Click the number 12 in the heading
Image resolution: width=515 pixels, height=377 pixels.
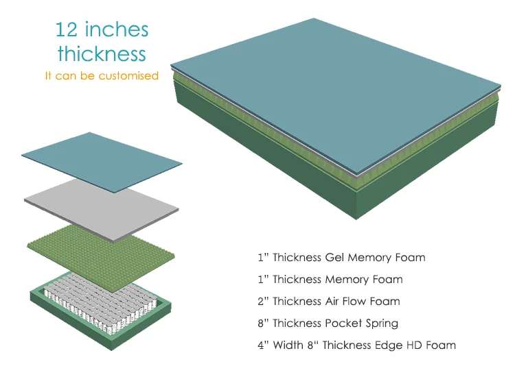coord(67,30)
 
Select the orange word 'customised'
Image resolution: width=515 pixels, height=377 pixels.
coord(128,75)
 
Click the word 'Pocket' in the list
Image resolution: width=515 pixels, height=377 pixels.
coord(343,323)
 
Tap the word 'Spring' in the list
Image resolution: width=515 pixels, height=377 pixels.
coord(381,324)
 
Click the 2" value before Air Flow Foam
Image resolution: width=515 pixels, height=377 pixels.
coord(262,302)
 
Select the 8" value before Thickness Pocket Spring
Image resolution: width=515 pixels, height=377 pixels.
coord(262,323)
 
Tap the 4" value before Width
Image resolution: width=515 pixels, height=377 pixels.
coord(262,345)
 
